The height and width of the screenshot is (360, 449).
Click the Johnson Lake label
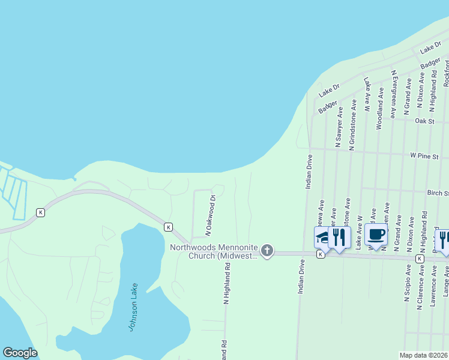[x=134, y=307]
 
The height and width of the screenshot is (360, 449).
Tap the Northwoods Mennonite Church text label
[x=214, y=251]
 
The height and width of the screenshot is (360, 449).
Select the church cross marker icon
[x=267, y=251]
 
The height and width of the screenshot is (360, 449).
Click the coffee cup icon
[x=376, y=235]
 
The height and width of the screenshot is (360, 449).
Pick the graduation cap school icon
[x=322, y=238]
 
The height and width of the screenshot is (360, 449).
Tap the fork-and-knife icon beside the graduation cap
[x=339, y=238]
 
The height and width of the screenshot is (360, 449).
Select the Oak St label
[x=424, y=121]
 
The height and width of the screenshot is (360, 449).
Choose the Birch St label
[x=438, y=193]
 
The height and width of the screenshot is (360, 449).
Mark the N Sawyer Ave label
[x=340, y=127]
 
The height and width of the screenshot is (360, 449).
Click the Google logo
[x=20, y=353]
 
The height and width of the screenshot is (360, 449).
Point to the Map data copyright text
[x=424, y=355]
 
